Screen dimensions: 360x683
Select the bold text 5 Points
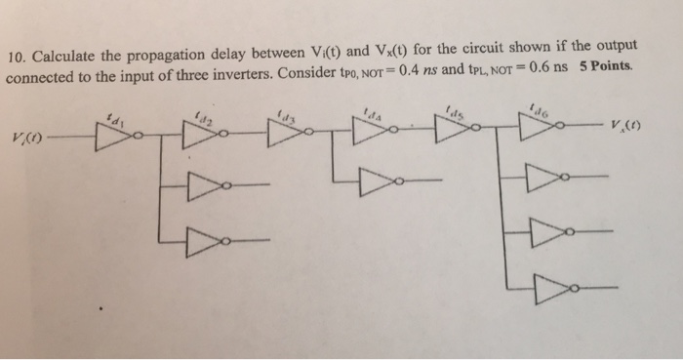tap(608, 68)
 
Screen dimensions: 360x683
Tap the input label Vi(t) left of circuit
tap(26, 138)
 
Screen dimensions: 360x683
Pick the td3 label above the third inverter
tap(286, 114)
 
